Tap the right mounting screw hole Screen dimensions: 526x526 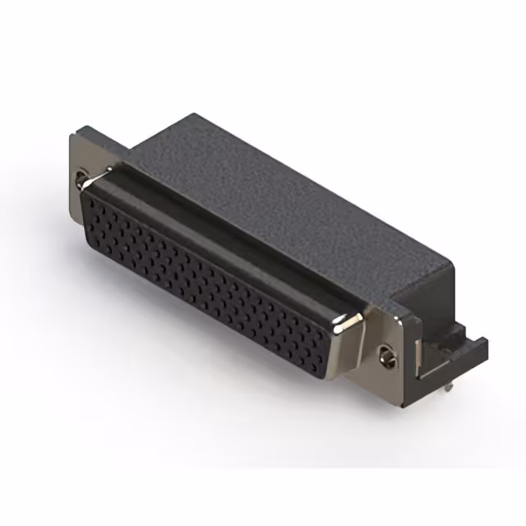(389, 356)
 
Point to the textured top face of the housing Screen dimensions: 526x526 (271, 197)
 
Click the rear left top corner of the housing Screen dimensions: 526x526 (195, 115)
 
